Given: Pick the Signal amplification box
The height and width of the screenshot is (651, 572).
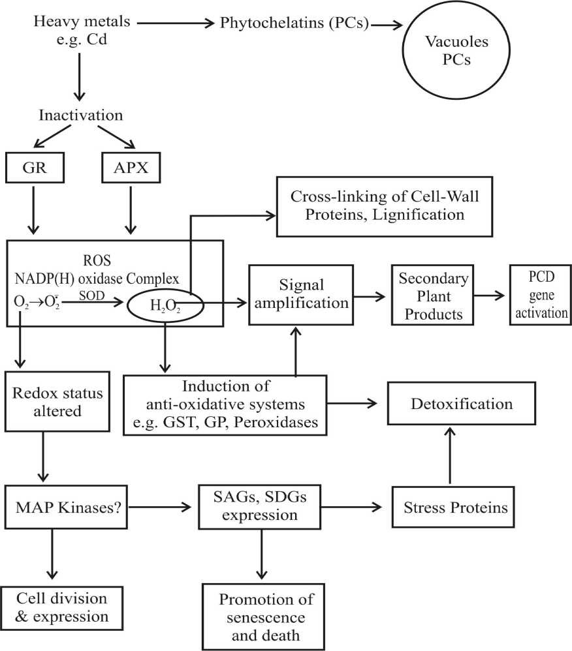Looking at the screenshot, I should click(301, 294).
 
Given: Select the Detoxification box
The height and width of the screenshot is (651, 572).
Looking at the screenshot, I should click(461, 404).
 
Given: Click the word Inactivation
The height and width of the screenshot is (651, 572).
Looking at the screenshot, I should click(81, 115).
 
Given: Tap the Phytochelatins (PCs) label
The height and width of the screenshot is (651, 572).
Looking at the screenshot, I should click(294, 23).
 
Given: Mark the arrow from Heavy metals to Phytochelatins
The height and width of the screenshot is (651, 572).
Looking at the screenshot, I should click(176, 23).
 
